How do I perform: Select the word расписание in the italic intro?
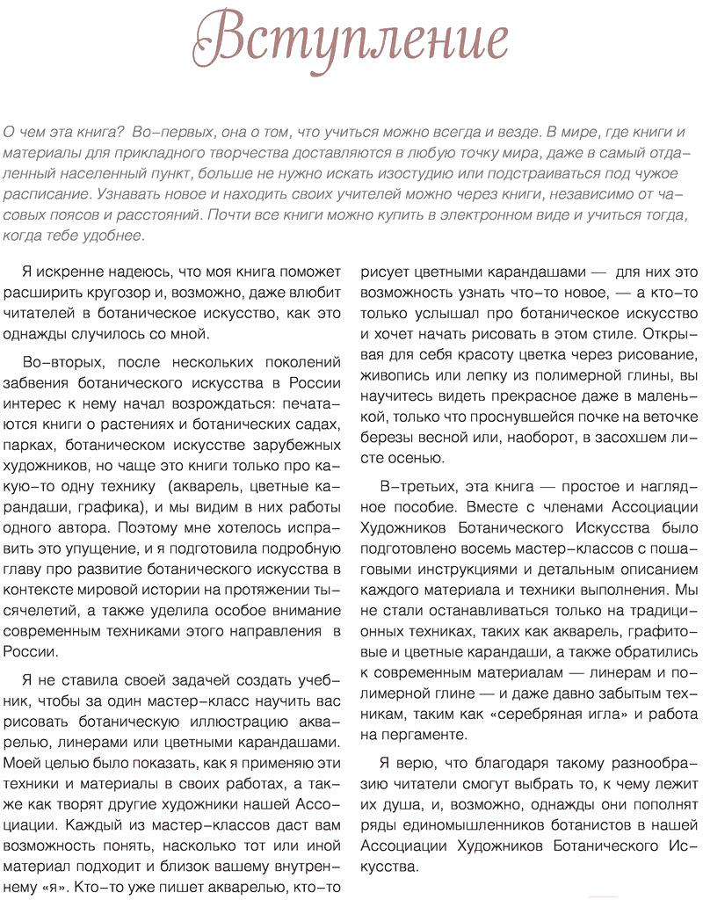(x=41, y=192)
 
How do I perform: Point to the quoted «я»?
(x=56, y=888)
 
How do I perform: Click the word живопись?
(x=395, y=375)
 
